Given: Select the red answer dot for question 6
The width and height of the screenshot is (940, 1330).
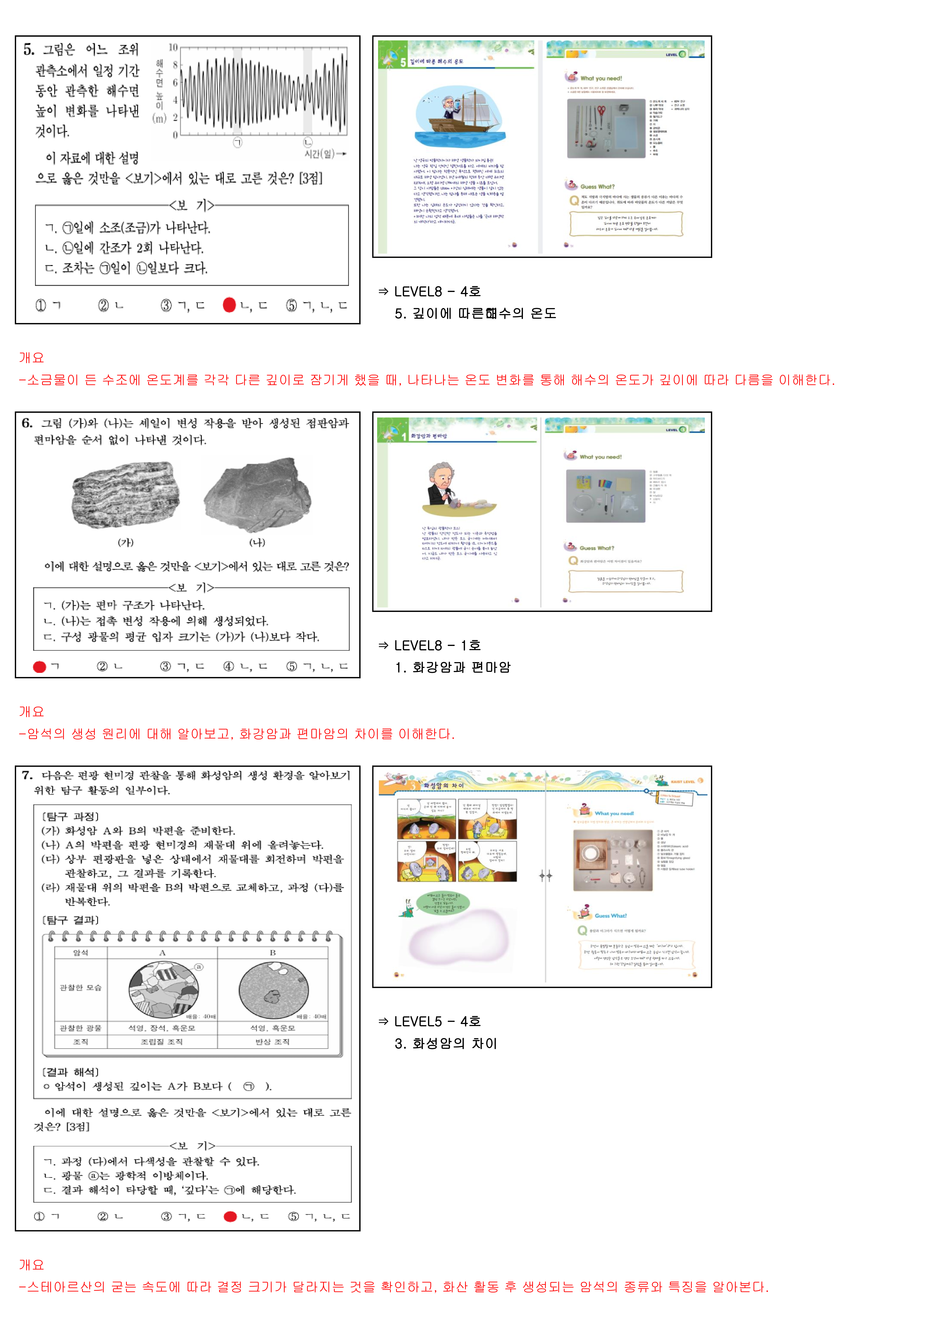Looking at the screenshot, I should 39,667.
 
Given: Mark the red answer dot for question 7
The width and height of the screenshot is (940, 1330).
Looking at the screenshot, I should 230,1216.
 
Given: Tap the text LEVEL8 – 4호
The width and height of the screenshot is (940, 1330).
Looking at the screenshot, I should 437,291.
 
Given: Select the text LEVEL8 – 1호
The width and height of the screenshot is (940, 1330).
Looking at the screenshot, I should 437,645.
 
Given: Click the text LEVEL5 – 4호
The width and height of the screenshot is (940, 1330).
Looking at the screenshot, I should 437,1021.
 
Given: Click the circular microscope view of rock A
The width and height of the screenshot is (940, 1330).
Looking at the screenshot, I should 164,990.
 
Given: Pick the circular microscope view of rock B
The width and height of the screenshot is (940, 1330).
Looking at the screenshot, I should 273,990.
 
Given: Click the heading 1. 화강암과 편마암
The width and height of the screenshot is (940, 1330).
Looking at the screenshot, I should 453,667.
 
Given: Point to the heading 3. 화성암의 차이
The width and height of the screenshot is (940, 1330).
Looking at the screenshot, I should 446,1043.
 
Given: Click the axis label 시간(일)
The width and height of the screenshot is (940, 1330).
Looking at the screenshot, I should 320,154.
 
